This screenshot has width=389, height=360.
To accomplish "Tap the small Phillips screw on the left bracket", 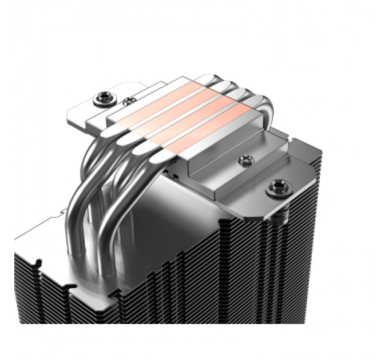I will (126, 102).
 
